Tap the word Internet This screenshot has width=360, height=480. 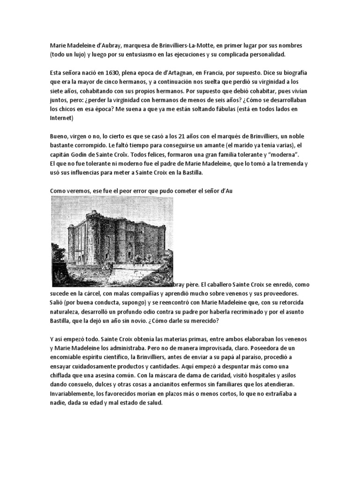click(x=61, y=118)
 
